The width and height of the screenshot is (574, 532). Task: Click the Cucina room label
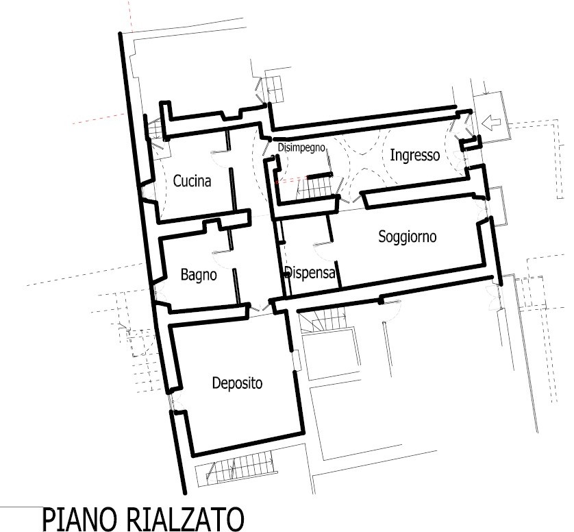coord(192,181)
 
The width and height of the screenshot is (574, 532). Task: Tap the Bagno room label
coord(199,274)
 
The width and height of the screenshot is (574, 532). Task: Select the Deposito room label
coord(237,383)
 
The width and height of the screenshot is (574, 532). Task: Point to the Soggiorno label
coord(407,237)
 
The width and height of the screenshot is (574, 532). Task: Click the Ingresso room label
coord(415,155)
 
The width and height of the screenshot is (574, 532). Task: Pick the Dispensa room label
coord(310,272)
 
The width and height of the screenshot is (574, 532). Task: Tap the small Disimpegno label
coord(301,147)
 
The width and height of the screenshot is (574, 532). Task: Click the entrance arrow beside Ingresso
coord(491,123)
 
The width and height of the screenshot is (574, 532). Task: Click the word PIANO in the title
coord(82,519)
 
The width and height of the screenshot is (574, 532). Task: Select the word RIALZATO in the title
coord(186,519)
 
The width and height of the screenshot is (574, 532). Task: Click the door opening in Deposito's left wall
coord(172,400)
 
